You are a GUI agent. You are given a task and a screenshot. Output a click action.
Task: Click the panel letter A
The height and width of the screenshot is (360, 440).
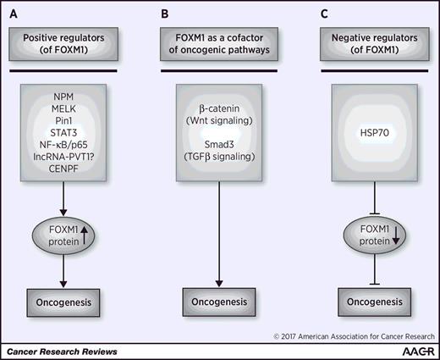pos(14,13)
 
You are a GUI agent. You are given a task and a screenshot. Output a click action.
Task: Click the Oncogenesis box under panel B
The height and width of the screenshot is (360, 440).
pos(221,302)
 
